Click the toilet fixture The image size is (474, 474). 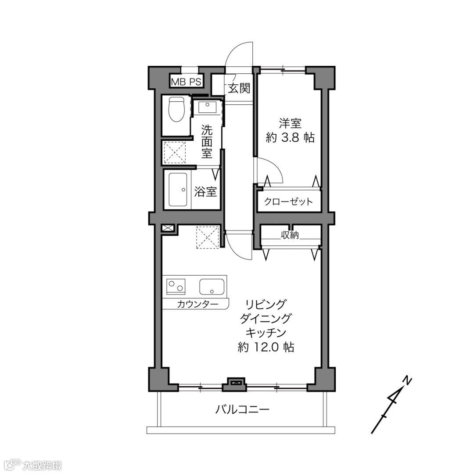coord(176,109)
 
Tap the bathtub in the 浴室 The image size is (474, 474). coord(178,189)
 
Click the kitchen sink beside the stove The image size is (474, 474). coord(212,287)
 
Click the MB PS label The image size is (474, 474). coord(186,82)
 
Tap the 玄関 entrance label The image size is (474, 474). coord(239,88)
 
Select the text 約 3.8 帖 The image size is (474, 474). coord(290,137)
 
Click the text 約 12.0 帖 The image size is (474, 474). coord(266,347)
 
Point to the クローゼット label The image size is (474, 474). coord(288,201)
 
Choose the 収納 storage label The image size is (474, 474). coord(290,235)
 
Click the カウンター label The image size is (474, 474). coord(197,304)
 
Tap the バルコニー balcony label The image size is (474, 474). coord(242,409)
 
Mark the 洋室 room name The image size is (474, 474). coord(290,123)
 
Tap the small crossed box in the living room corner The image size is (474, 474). coord(168,228)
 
